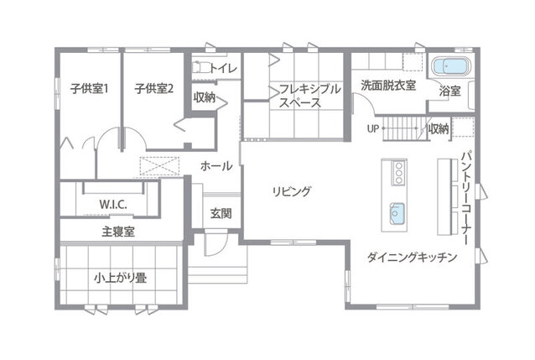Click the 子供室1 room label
[x=90, y=89]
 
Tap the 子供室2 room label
[x=154, y=89]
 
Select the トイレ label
[x=223, y=68]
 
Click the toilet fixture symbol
[x=200, y=67]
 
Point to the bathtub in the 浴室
[x=451, y=66]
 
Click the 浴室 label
[x=450, y=91]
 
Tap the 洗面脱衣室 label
[x=388, y=86]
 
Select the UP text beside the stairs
[x=373, y=128]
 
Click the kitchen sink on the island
[x=397, y=214]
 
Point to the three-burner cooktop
[x=398, y=173]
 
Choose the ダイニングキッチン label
[x=412, y=257]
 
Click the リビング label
[x=292, y=191]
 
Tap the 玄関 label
[x=221, y=213]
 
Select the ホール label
[x=216, y=166]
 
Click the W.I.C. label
[x=113, y=205]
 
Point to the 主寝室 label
[x=118, y=232]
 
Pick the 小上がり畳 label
[x=121, y=278]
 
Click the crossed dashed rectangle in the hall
[x=159, y=166]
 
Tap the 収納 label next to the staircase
[x=439, y=128]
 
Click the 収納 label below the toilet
[x=205, y=97]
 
